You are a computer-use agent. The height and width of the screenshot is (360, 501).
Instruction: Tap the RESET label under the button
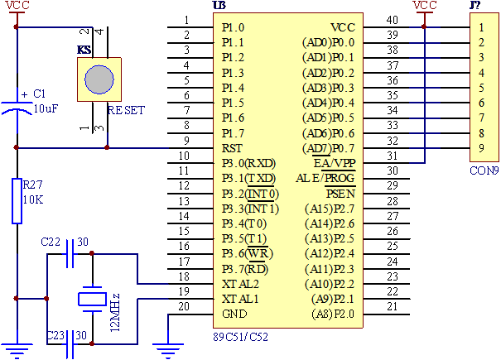coord(126,110)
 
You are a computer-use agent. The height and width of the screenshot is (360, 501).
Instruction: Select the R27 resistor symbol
coord(17,200)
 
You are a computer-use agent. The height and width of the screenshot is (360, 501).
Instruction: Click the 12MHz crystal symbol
coord(92,299)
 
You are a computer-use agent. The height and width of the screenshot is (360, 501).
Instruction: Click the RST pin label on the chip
coord(232,148)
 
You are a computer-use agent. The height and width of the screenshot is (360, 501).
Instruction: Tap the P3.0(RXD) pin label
coord(248,163)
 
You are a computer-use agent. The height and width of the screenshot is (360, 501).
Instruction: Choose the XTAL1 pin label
coord(240,299)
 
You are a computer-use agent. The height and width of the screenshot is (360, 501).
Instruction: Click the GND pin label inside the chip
coord(234,314)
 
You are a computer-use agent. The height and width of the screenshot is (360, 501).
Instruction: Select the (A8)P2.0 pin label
coord(332,314)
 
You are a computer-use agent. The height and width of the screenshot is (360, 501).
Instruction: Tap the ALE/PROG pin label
coord(325,178)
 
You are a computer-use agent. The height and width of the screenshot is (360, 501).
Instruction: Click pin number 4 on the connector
coord(481,73)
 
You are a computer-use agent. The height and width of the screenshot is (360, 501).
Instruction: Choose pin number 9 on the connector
coord(481,148)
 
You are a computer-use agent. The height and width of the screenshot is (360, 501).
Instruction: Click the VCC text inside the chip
coord(342,27)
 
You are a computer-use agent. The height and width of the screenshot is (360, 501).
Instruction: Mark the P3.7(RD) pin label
coord(245,268)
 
